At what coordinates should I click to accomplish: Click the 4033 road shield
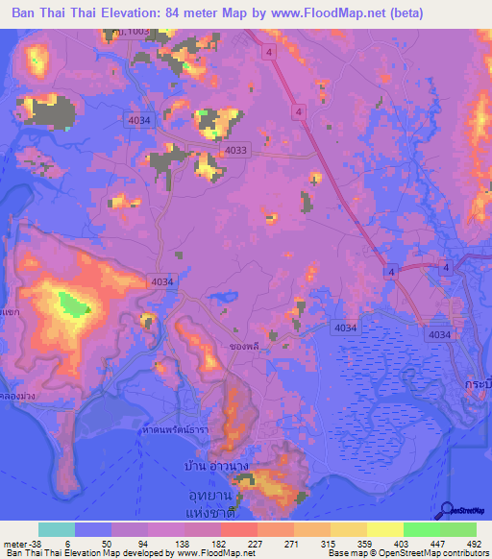(235, 150)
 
